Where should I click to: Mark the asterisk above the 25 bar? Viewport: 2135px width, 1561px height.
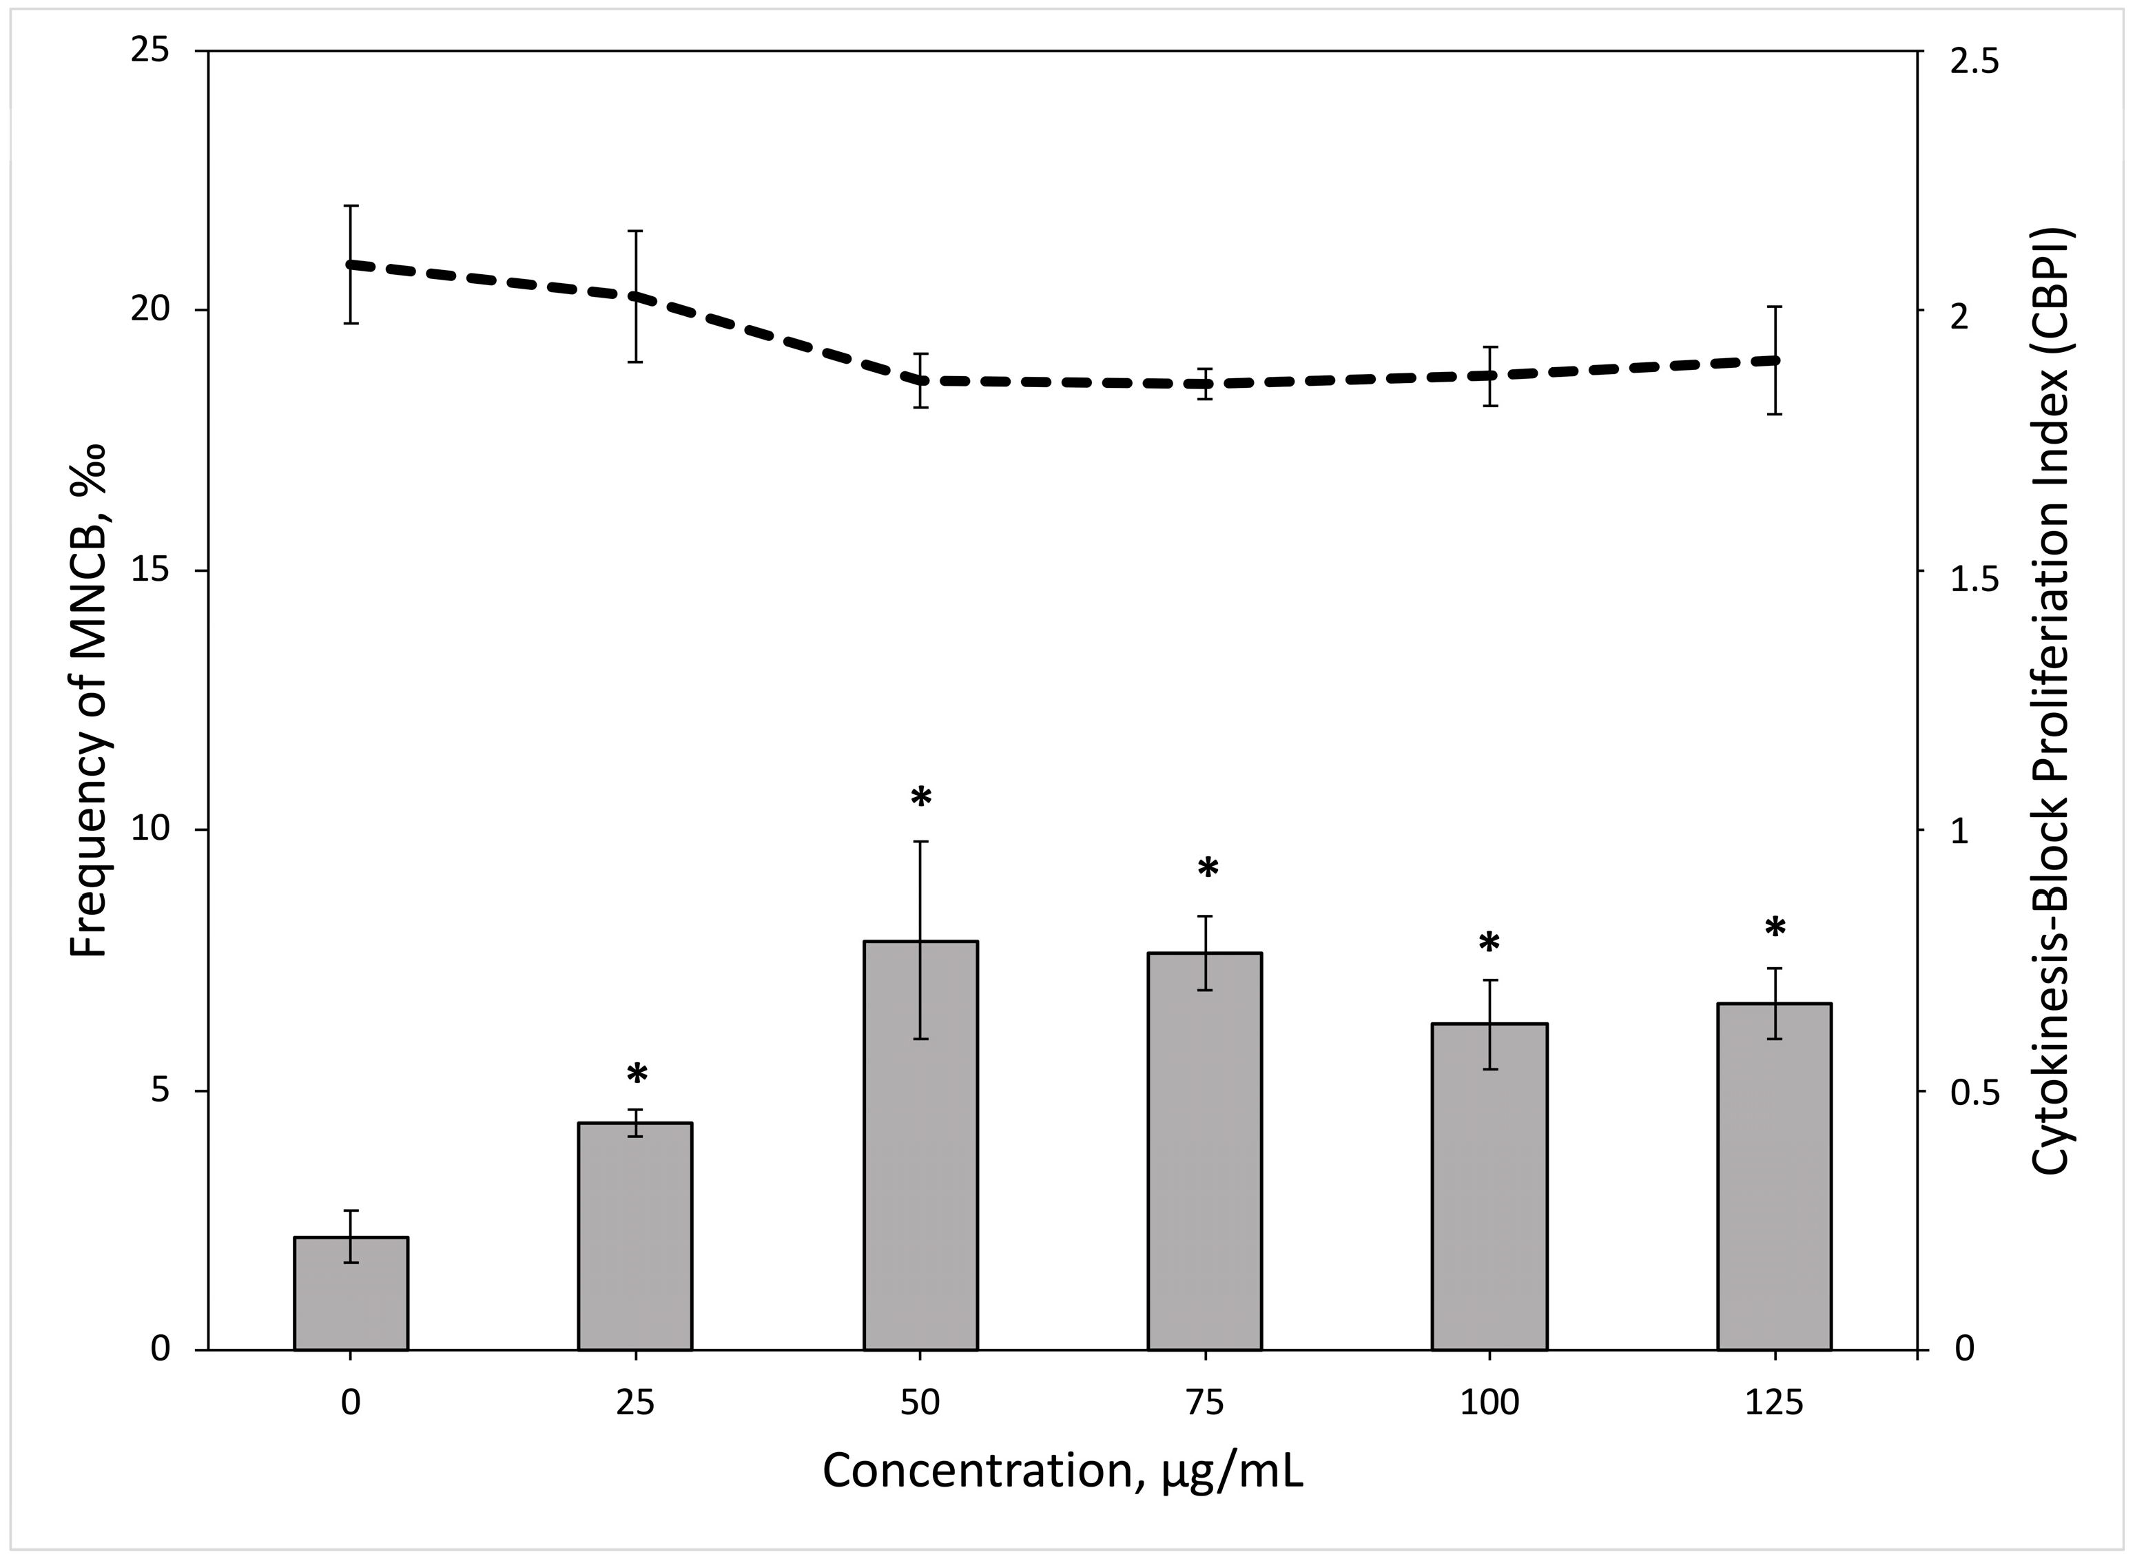pos(637,1075)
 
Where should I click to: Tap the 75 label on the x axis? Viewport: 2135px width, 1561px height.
pos(1204,1403)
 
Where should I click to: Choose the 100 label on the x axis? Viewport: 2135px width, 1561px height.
pos(1489,1403)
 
